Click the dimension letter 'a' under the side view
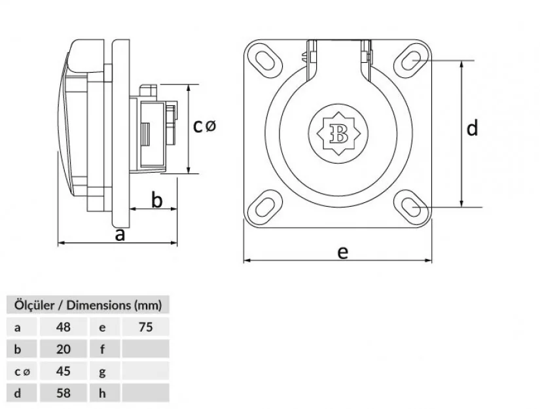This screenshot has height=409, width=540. pos(120,234)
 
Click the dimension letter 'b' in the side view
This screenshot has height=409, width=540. pos(156,200)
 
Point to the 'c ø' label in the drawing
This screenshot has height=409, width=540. pos(204,126)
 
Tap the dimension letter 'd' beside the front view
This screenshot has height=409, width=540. pos(473,128)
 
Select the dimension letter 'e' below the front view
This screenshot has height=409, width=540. pos(342,251)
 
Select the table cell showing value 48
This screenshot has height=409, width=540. pos(63,327)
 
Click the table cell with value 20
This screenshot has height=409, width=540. pos(63,349)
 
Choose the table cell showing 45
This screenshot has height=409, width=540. pos(63,371)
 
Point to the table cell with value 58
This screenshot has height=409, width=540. pos(63,393)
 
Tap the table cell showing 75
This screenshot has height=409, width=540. pos(145,327)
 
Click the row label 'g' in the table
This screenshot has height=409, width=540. pos(103,371)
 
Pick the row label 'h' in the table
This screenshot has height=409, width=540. pos(103,393)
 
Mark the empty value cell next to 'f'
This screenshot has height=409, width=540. pos(145,349)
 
